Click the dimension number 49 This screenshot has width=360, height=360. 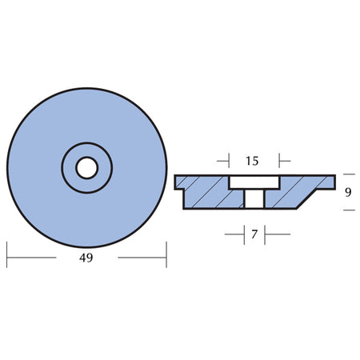click(x=86, y=258)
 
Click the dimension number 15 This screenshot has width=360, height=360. click(x=252, y=161)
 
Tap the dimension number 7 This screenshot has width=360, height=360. click(x=254, y=234)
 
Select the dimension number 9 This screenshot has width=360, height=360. click(x=348, y=192)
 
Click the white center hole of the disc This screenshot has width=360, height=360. click(x=87, y=168)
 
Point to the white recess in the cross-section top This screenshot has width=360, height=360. click(x=254, y=182)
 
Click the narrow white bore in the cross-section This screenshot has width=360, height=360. click(x=254, y=198)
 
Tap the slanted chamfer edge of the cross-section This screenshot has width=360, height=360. click(x=306, y=199)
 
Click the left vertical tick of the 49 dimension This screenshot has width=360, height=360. click(x=6, y=254)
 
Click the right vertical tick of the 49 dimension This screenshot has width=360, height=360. click(x=166, y=254)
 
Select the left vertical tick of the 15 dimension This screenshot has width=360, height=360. click(x=229, y=161)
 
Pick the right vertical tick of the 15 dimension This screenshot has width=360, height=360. click(x=279, y=161)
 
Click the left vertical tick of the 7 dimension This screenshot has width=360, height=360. click(x=244, y=235)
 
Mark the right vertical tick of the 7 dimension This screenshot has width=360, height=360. click(x=265, y=235)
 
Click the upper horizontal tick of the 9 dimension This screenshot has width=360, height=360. click(x=349, y=174)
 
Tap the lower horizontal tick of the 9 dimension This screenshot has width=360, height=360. click(x=349, y=210)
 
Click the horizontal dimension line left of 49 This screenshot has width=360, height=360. click(x=31, y=258)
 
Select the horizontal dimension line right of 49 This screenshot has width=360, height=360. click(x=142, y=258)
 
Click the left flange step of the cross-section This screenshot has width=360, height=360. click(x=179, y=189)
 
